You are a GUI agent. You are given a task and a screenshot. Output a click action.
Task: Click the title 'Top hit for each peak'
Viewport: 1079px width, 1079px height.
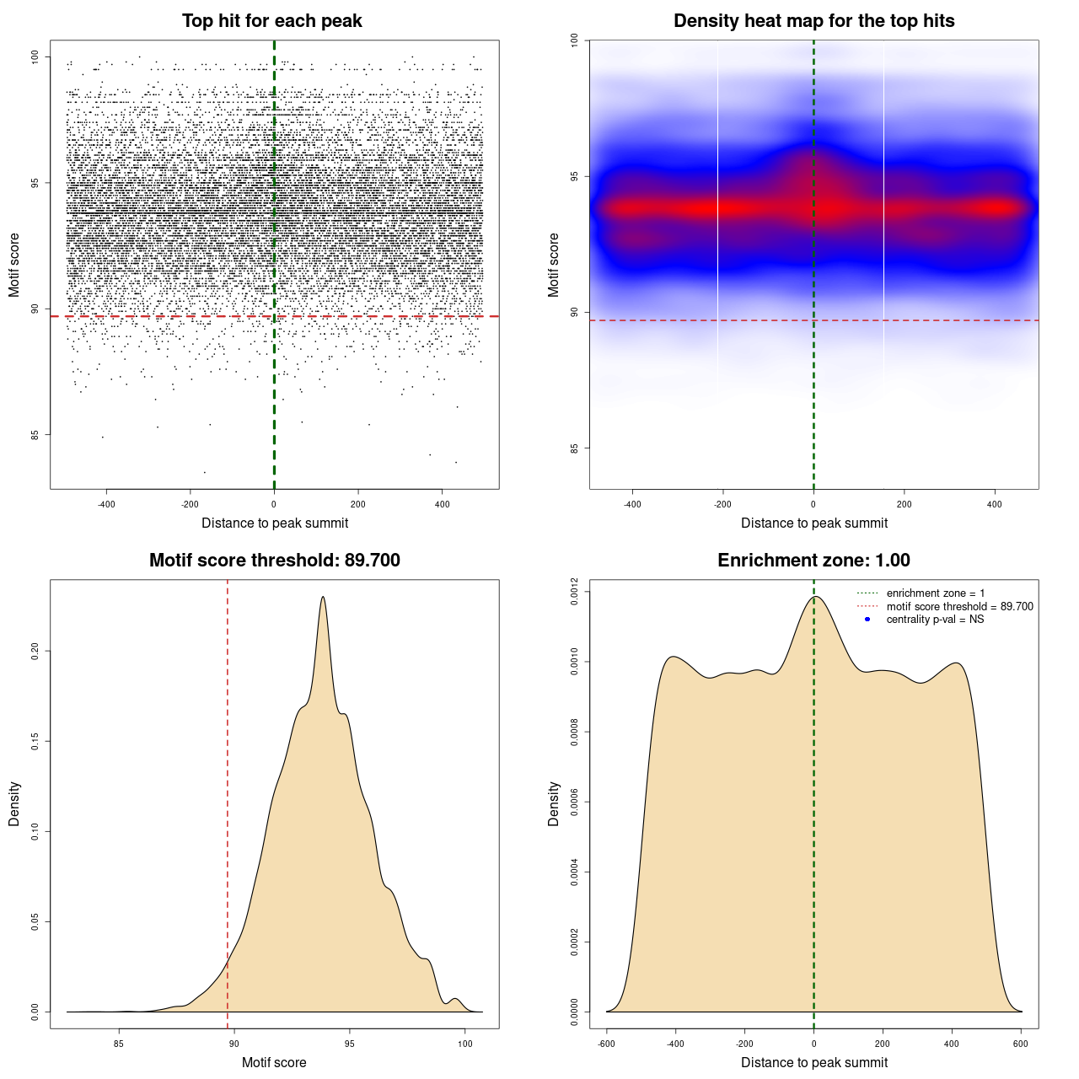[272, 21]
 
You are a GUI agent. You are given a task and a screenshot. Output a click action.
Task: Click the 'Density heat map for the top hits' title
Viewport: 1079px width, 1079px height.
[813, 21]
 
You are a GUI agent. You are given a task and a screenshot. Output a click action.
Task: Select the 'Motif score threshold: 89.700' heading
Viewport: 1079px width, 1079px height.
[274, 561]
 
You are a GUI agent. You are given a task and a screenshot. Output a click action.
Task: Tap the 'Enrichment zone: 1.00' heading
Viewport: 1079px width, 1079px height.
[813, 561]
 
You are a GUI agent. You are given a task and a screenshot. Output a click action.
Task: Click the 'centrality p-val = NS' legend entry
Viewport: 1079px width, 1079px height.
[935, 620]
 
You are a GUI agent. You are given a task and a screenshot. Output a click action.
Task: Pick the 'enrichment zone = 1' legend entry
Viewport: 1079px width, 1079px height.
[935, 593]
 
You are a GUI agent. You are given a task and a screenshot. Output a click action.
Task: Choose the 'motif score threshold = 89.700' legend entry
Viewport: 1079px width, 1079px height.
[959, 607]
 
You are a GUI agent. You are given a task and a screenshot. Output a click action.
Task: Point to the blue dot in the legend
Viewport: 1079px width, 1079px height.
[867, 620]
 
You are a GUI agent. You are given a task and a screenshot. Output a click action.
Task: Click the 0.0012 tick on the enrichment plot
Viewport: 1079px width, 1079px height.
[574, 592]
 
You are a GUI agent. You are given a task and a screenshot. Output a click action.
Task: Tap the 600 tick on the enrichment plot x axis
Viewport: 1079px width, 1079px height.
[1021, 1044]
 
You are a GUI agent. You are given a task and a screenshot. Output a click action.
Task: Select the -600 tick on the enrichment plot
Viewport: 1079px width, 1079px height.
[606, 1044]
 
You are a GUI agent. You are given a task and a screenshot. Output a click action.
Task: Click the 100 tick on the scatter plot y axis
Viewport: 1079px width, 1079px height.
[35, 56]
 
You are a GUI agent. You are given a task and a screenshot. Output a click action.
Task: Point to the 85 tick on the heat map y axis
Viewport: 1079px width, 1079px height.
[574, 448]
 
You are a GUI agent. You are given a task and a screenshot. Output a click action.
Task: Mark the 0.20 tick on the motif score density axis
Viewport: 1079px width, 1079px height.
[35, 651]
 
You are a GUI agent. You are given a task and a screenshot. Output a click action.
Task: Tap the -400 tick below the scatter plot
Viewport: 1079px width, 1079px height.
[106, 504]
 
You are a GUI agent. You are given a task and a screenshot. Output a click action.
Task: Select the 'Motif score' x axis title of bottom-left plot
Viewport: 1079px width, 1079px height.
[274, 1062]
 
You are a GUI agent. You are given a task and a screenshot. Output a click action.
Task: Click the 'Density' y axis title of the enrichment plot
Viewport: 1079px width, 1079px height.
[554, 803]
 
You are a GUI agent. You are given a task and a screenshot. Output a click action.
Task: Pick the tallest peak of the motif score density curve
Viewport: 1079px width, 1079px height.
[323, 597]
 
